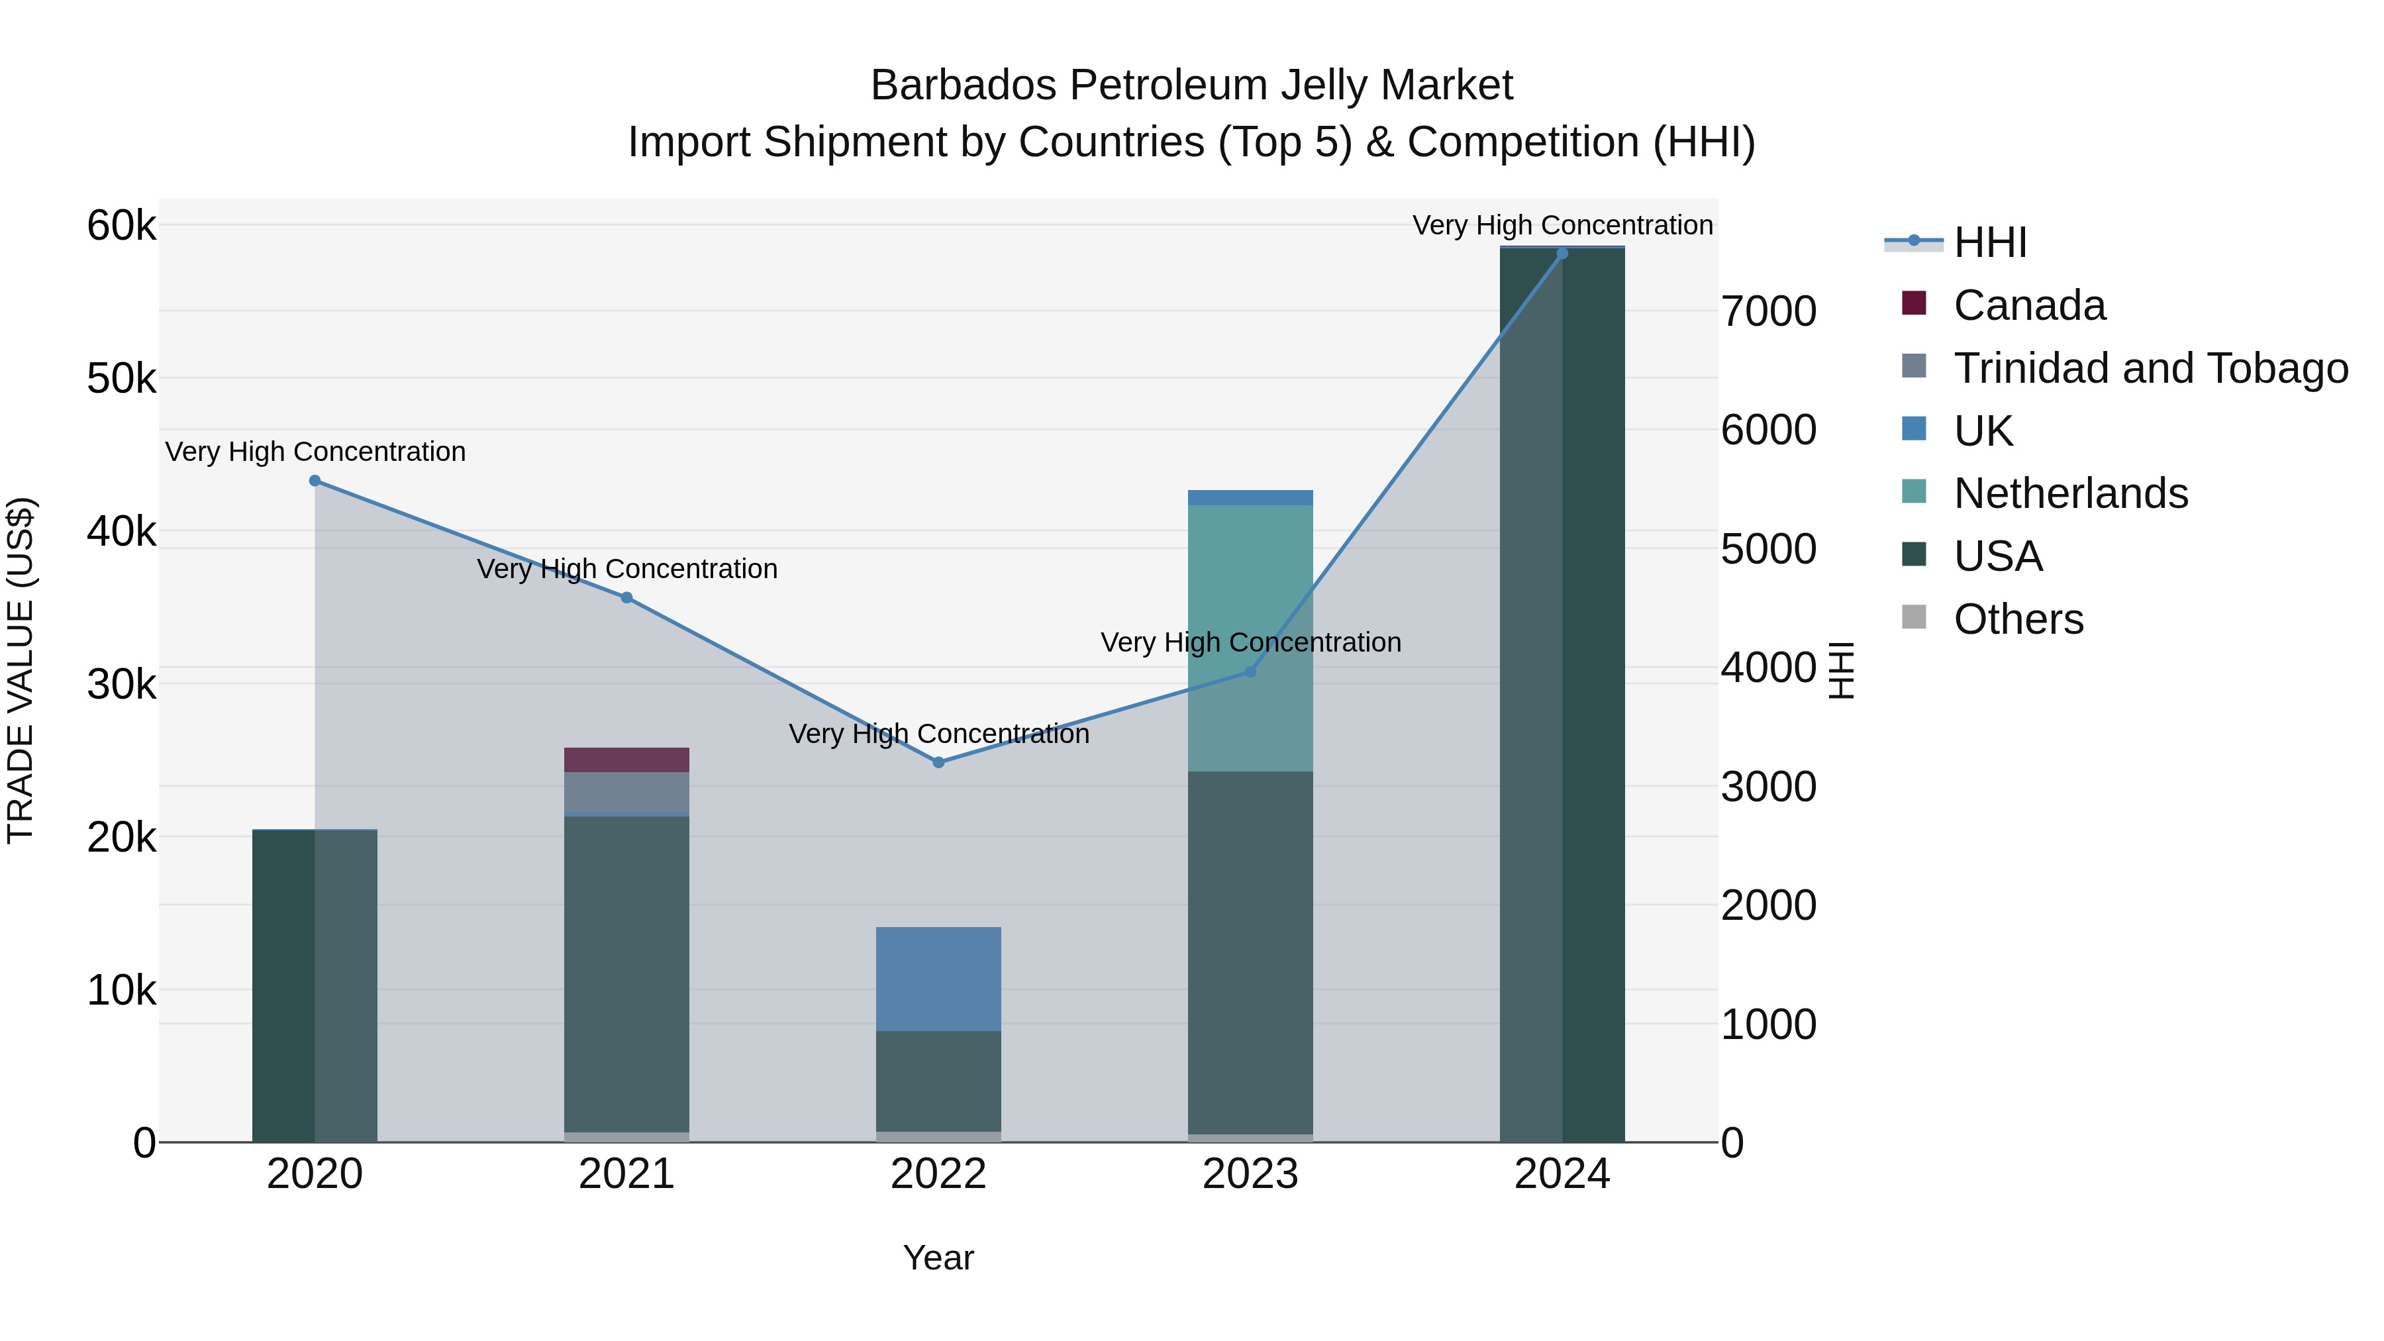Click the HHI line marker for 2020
[x=315, y=480]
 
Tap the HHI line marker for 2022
[x=938, y=762]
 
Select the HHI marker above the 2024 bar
[x=1562, y=253]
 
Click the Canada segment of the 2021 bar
[x=626, y=760]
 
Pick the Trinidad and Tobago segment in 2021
[x=626, y=792]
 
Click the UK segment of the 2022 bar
[x=938, y=978]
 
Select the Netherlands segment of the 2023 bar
[x=1250, y=638]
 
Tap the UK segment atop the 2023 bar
[x=1250, y=498]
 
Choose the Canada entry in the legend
[x=2028, y=305]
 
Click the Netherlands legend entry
[x=2070, y=493]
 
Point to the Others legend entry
[x=2018, y=619]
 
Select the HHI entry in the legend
[x=1990, y=242]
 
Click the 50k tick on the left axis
[x=121, y=379]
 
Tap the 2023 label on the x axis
[x=1250, y=1174]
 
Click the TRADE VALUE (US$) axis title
[x=21, y=670]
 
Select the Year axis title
[x=938, y=1258]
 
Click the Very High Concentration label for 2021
[x=626, y=568]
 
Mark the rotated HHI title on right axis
[x=1842, y=670]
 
